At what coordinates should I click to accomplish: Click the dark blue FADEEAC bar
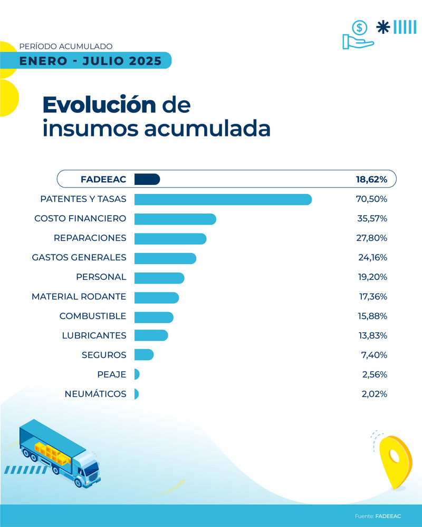147,179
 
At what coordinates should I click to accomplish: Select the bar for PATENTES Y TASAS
223,199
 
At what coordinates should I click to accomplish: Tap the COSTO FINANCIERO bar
175,219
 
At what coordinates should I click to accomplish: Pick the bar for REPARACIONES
170,238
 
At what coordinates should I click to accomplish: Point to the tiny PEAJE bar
137,374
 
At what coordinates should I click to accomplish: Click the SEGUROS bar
143,355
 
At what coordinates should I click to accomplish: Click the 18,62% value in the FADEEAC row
371,180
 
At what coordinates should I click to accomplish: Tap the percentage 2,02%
374,394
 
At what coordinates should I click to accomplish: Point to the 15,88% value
372,316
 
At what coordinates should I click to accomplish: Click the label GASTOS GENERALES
79,258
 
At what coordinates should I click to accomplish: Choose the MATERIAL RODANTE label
79,297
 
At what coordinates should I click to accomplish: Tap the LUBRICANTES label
94,336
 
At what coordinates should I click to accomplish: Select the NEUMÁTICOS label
95,394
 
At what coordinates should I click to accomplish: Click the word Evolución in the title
99,105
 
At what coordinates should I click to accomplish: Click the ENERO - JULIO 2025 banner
90,61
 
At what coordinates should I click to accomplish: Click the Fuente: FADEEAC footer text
378,516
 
